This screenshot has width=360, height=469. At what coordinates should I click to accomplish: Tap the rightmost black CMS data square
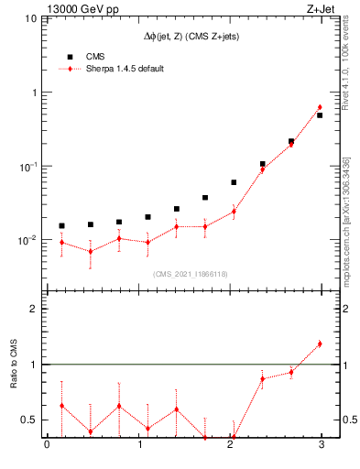(320, 115)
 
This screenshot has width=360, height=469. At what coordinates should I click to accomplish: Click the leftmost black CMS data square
(61, 225)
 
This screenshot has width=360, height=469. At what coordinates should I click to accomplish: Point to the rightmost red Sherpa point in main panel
(320, 107)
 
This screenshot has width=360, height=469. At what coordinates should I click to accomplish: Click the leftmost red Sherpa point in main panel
(61, 243)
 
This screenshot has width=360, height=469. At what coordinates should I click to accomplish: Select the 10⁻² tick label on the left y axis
(27, 240)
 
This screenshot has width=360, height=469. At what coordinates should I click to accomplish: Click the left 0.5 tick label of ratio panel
(31, 420)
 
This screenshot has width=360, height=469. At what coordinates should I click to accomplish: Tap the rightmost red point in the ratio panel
(320, 344)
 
